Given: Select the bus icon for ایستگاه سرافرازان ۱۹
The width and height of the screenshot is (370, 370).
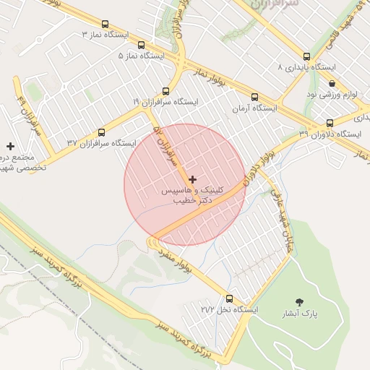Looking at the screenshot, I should point(166,91).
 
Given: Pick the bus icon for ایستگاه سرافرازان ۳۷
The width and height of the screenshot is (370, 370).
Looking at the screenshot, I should point(100,133).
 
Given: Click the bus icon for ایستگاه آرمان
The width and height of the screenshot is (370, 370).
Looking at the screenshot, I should point(254,97).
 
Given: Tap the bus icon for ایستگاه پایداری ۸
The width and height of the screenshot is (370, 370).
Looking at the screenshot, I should point(306,56).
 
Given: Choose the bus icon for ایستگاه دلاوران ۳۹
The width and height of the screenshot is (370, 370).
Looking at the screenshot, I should point(330,123).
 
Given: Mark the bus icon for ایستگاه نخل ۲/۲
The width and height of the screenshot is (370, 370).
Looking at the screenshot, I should point(229,298).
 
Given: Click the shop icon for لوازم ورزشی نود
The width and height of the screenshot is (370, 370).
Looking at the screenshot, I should point(331,85).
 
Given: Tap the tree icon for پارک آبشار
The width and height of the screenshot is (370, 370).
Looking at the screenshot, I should point(300,301).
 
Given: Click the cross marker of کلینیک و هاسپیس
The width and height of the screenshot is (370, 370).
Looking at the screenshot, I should point(192,178).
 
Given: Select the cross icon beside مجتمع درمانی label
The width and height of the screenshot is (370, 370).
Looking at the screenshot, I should point(10,146).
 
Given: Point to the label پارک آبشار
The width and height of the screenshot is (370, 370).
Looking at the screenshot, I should point(300,314).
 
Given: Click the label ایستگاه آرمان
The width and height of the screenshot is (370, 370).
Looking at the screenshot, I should point(254,108).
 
